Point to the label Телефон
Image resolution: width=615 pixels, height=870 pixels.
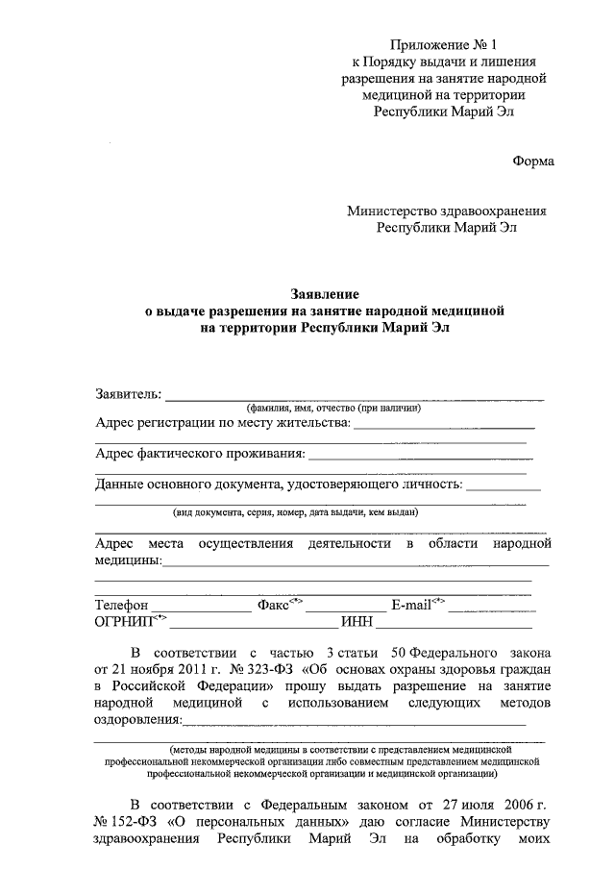pos(121,606)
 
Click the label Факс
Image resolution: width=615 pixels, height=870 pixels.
pos(275,606)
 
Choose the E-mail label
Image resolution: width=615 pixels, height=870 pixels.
pos(411,606)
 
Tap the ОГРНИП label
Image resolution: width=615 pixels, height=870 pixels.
pos(125,623)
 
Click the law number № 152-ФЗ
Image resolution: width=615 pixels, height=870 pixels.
pos(126,822)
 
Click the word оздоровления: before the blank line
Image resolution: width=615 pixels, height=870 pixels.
pos(137,720)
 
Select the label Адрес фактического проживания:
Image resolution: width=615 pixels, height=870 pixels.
pos(200,454)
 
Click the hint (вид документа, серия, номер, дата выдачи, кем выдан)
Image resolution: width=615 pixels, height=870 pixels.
pos(295,513)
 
